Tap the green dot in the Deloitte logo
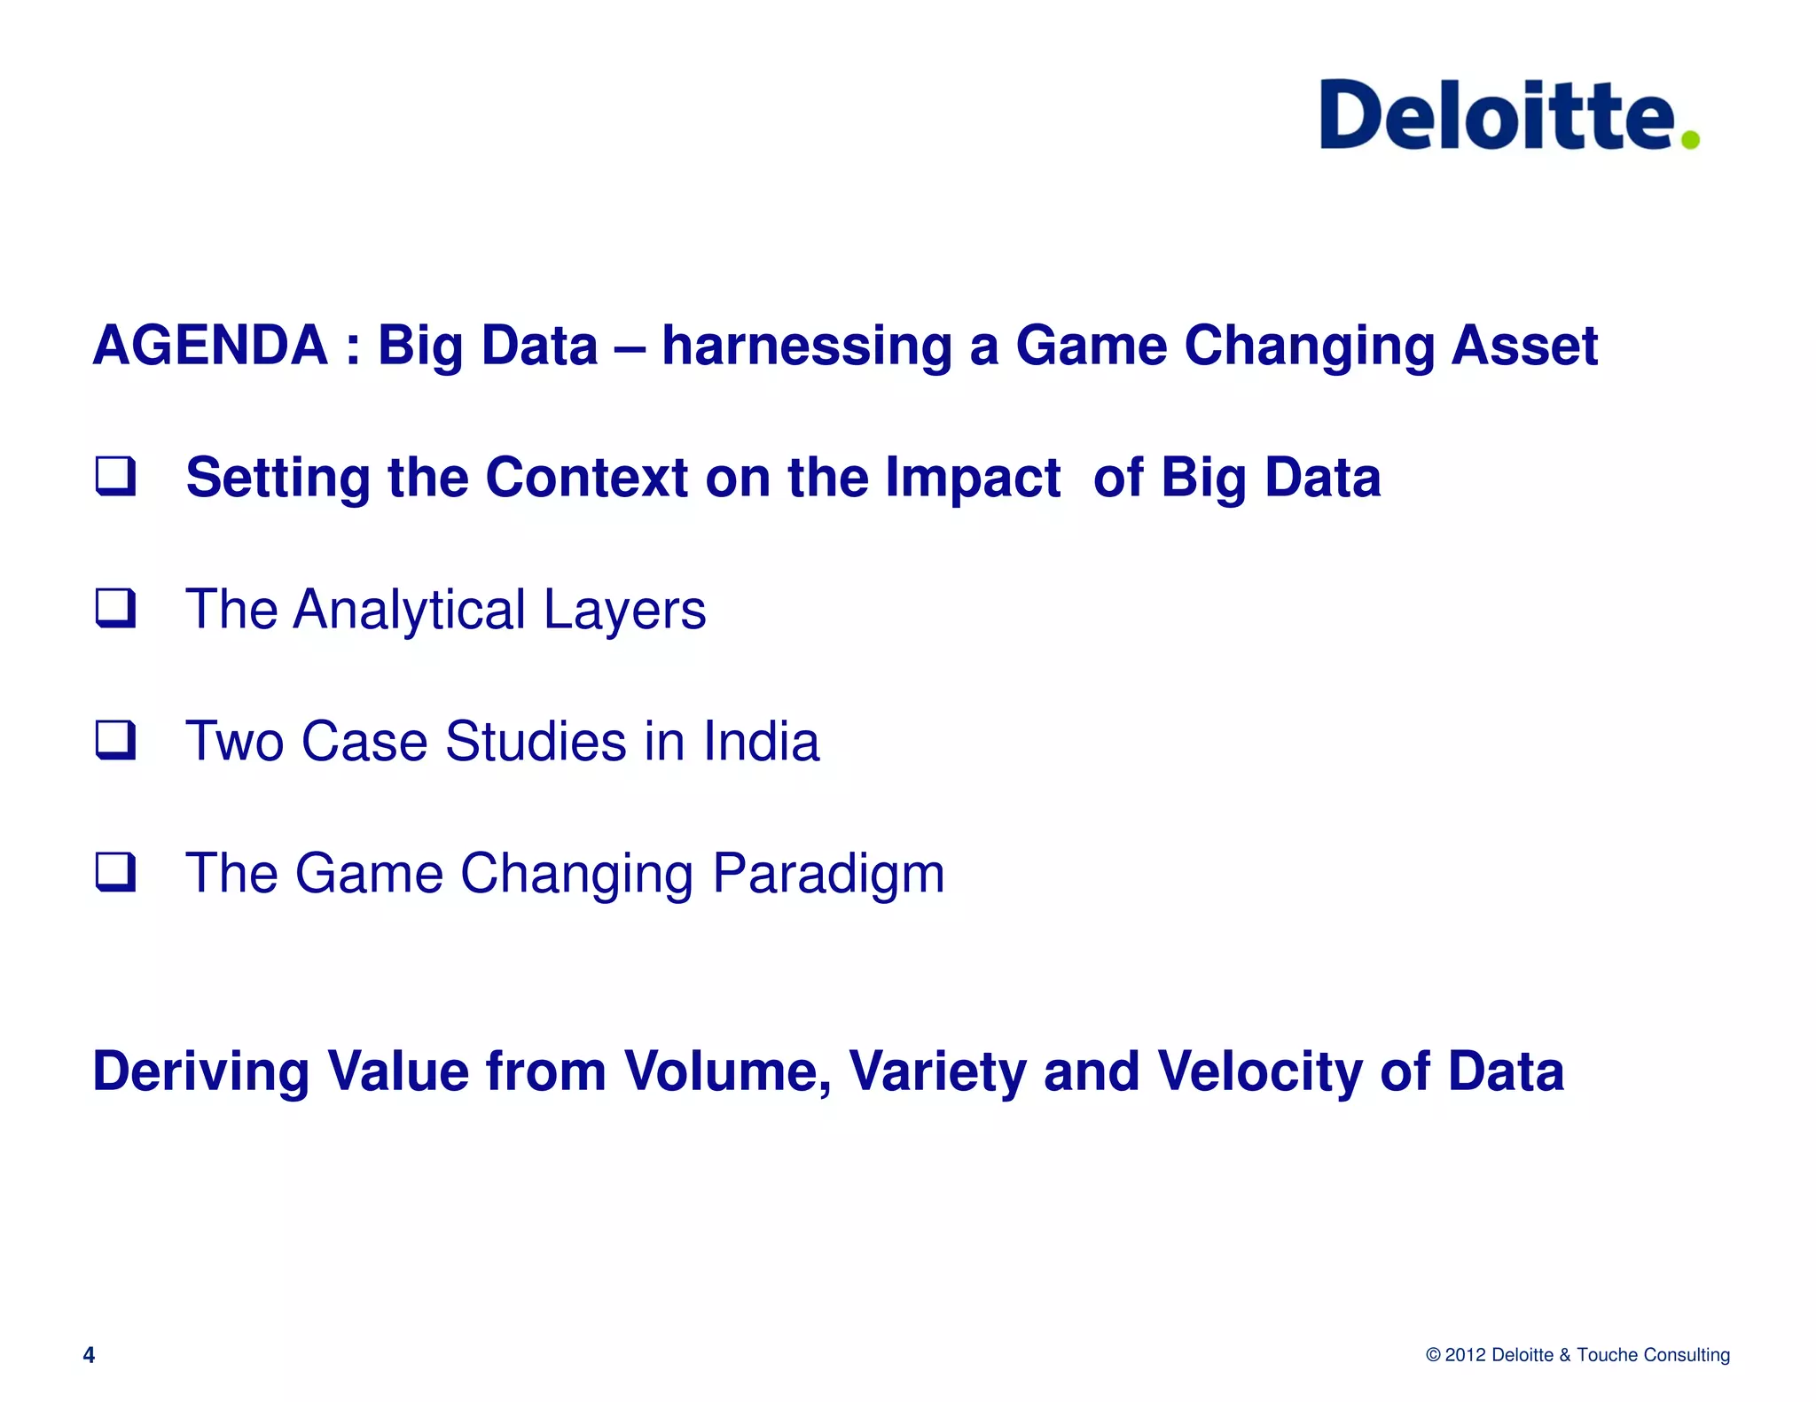[x=1690, y=139]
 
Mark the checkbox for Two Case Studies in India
[x=116, y=740]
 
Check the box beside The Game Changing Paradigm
[x=116, y=872]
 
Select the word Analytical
[x=410, y=610]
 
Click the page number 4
[x=89, y=1355]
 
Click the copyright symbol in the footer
[x=1433, y=1355]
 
